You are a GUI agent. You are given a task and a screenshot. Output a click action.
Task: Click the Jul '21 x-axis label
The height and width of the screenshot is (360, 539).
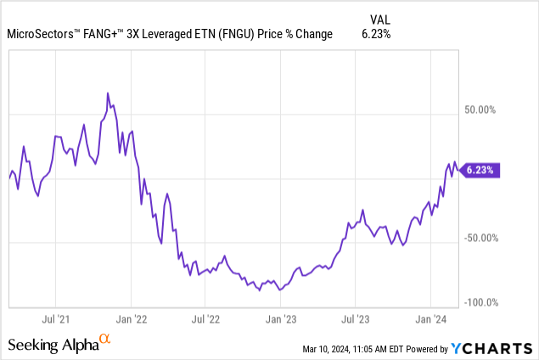coord(55,319)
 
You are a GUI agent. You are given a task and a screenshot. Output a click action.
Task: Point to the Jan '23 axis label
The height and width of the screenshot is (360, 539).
coord(280,319)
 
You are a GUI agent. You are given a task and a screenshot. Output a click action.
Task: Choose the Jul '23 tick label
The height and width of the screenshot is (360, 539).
coord(355,319)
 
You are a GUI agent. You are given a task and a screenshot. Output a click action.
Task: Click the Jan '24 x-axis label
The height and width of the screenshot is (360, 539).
coord(430,319)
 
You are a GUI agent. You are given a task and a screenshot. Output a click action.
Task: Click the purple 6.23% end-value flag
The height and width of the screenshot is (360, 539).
coord(480,170)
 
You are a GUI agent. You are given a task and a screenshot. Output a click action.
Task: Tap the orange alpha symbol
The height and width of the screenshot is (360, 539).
coord(105,340)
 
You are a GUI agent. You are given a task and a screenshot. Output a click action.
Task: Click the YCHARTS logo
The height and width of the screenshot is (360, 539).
coord(492,348)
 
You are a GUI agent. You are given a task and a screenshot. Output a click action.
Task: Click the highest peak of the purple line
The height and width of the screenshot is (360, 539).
coord(107,93)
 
